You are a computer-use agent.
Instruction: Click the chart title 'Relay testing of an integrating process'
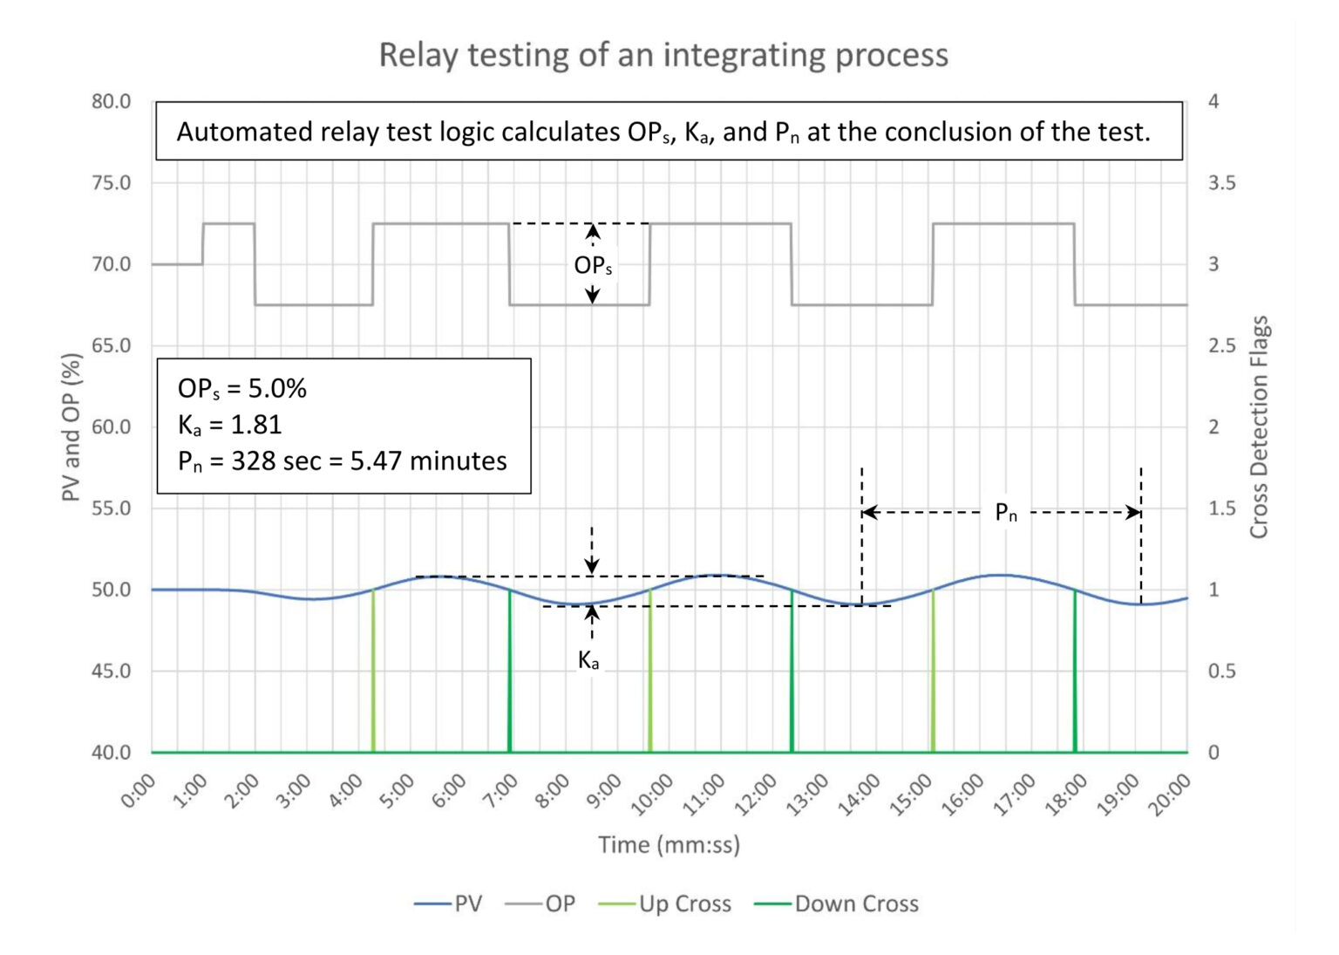663,55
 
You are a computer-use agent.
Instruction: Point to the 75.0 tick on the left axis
111,183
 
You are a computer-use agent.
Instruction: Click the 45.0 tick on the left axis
111,671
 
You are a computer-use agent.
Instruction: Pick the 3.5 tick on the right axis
1221,183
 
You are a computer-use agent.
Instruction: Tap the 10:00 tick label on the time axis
652,795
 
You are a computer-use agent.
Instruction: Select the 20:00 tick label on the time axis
1169,795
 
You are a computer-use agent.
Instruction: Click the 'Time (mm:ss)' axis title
669,844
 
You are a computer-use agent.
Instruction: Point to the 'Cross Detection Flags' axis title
1259,427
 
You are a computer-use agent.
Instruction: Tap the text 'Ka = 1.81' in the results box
230,425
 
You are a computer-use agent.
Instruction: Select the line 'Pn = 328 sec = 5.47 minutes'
342,461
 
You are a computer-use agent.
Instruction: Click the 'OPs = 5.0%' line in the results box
242,388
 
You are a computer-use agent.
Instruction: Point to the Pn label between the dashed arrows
1005,513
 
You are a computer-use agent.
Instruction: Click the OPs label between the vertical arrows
593,265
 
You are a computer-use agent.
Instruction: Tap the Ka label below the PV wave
589,661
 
